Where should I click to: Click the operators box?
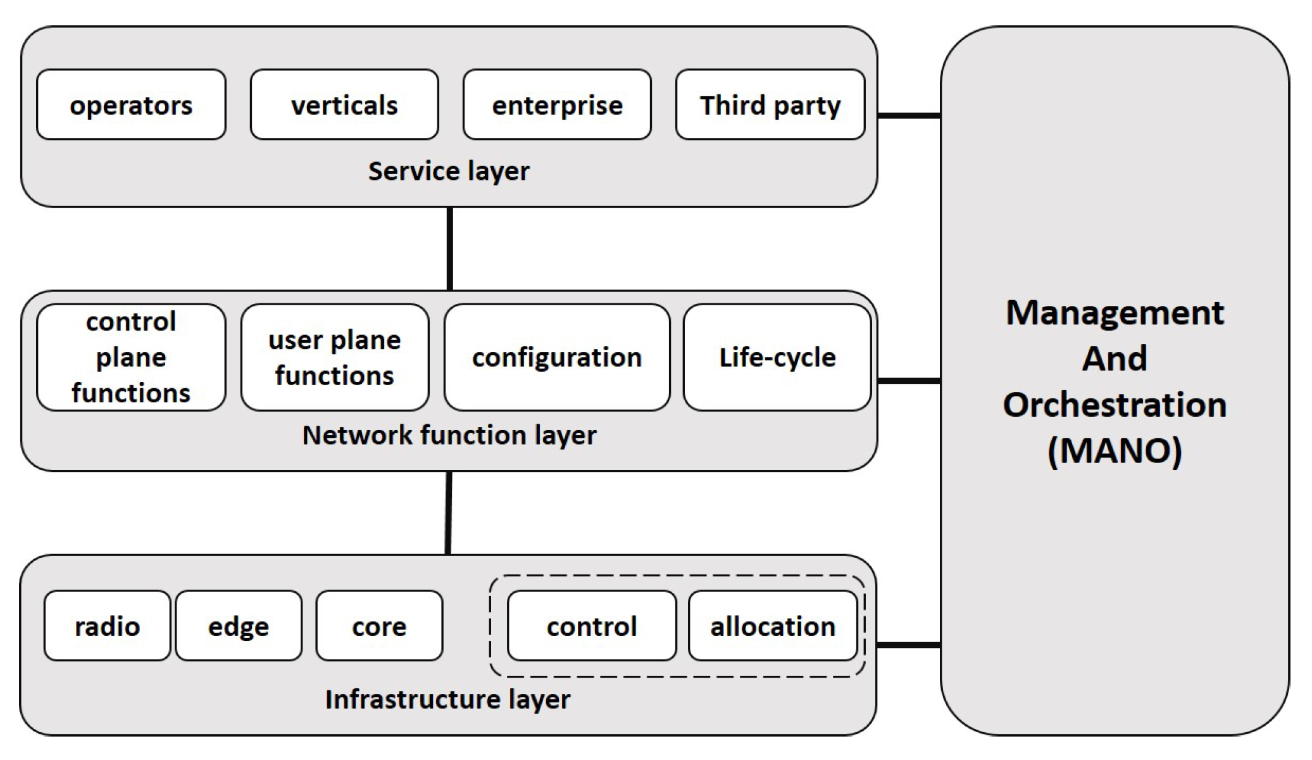[131, 105]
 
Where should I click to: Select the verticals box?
[344, 105]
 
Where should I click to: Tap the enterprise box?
[557, 105]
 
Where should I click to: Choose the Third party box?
[770, 105]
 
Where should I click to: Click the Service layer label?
[449, 171]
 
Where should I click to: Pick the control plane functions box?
[131, 357]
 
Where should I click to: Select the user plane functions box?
[335, 357]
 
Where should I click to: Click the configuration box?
[557, 357]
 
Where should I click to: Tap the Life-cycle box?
[777, 357]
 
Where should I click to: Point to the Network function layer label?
[449, 435]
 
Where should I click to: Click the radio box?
[107, 626]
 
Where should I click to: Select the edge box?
[239, 626]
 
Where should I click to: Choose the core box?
[379, 626]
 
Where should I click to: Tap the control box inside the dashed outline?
[592, 626]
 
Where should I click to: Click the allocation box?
[773, 626]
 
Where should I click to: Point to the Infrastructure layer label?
[447, 699]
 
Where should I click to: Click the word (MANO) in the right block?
[1115, 451]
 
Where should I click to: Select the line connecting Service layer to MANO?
[909, 116]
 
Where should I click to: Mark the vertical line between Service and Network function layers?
[450, 249]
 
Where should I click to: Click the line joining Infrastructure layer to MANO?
[909, 645]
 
